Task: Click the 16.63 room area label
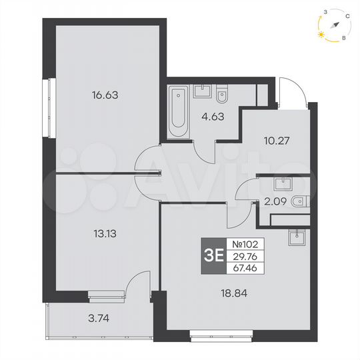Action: coord(105,95)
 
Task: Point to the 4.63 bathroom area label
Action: coord(213,120)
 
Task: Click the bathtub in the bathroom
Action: coord(178,111)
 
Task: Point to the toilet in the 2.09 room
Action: coord(299,199)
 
